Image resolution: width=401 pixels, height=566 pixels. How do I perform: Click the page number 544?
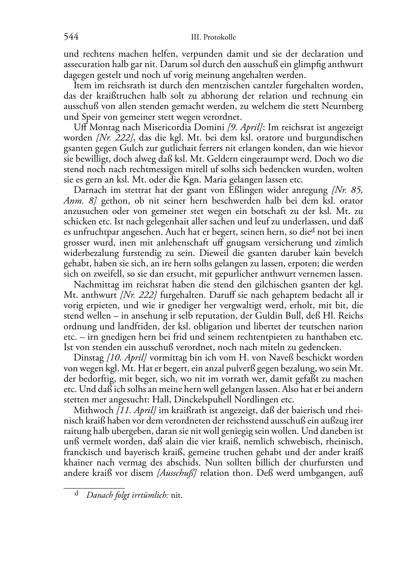[71, 37]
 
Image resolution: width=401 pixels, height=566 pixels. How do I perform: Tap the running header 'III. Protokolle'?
[213, 38]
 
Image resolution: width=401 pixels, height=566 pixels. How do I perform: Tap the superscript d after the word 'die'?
[310, 230]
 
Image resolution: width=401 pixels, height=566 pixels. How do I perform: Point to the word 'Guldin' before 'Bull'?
[249, 316]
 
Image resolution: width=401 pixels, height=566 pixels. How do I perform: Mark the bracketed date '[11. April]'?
[136, 410]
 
